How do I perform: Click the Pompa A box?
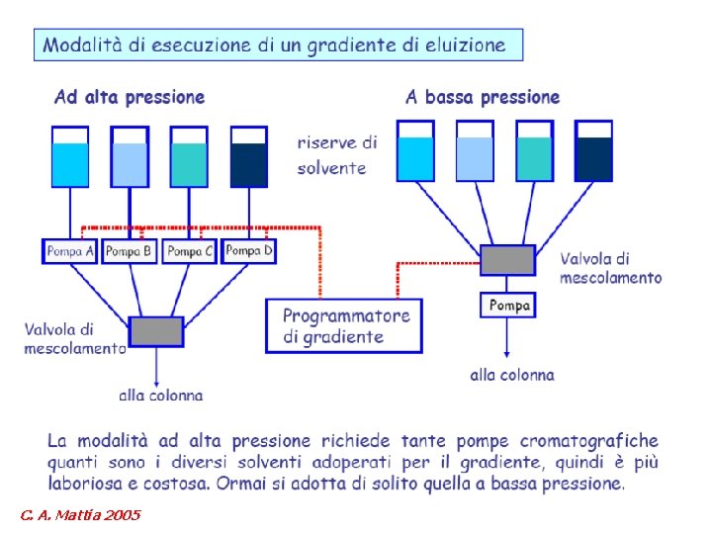(70, 251)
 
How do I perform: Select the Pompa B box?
(130, 251)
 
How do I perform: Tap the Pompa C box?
(190, 251)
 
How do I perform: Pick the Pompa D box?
(249, 251)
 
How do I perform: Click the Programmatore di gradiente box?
(344, 326)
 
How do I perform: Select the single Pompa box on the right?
(509, 306)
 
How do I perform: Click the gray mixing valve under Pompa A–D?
(156, 331)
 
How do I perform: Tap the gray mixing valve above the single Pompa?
(508, 260)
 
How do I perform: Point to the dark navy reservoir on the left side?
(249, 158)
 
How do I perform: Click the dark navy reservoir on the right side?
(594, 152)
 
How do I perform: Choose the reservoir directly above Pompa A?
(70, 158)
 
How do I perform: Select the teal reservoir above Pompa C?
(189, 158)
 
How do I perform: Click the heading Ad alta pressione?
(130, 97)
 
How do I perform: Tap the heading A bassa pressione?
(483, 97)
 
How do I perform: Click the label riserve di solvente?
(336, 155)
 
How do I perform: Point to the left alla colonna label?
(161, 395)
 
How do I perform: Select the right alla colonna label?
(512, 375)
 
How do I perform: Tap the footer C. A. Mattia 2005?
(79, 515)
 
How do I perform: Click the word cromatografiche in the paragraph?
(589, 441)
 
